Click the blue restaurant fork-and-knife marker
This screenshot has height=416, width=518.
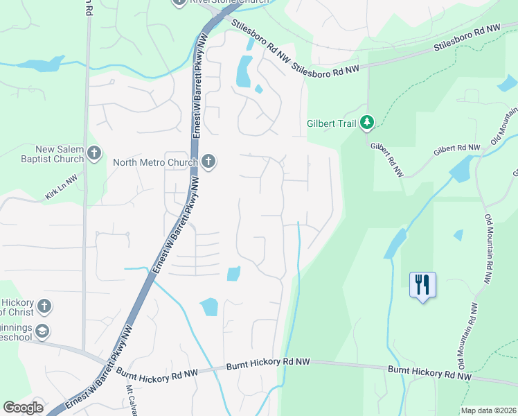click(x=422, y=284)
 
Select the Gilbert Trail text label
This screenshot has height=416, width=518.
click(x=331, y=125)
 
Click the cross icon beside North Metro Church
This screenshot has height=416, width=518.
click(x=208, y=162)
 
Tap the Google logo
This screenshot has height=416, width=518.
click(x=24, y=407)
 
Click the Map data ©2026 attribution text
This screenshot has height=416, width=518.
click(x=488, y=410)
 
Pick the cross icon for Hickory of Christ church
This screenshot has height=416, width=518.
click(x=44, y=306)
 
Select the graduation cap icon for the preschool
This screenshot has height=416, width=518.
click(x=43, y=330)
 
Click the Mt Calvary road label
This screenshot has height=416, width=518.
click(x=129, y=401)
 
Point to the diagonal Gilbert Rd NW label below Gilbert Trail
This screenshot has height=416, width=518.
click(x=386, y=159)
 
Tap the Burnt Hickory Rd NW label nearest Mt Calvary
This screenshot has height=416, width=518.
click(x=158, y=373)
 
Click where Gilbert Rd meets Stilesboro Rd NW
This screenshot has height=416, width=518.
click(x=367, y=67)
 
